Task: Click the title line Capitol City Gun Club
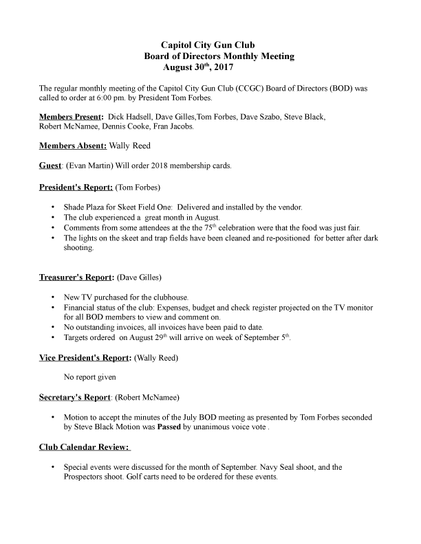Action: point(208,45)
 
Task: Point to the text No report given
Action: point(90,377)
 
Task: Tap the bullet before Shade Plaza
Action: point(54,207)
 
